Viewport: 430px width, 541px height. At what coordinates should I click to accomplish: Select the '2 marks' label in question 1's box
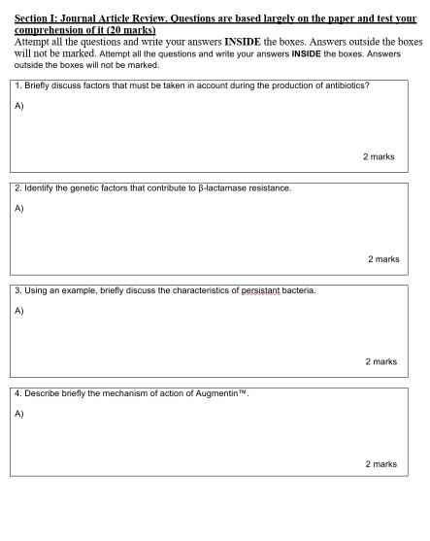379,156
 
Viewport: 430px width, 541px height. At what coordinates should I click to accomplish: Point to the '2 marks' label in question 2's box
383,259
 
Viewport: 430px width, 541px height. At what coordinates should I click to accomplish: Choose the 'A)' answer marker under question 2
19,208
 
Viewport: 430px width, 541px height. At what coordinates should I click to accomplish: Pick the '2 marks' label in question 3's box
380,361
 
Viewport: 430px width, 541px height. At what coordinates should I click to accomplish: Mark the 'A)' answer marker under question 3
19,311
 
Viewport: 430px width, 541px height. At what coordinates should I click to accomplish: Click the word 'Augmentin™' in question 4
224,393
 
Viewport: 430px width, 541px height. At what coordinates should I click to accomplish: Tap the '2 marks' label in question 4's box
380,464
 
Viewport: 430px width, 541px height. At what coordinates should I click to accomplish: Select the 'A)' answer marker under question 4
19,414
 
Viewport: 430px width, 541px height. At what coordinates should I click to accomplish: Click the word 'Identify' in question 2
40,188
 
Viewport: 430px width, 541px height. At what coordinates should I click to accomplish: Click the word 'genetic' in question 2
88,188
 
